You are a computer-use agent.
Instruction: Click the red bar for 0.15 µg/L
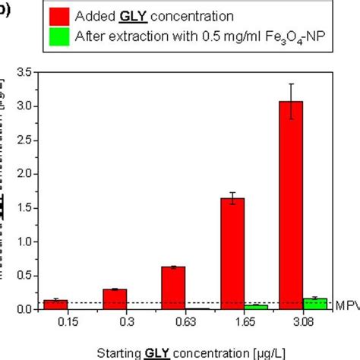[x=55, y=305]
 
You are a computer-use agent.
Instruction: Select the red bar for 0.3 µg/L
[x=114, y=299]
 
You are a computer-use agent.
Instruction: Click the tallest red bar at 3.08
[x=292, y=205]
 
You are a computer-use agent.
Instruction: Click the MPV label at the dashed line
[x=346, y=304]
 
